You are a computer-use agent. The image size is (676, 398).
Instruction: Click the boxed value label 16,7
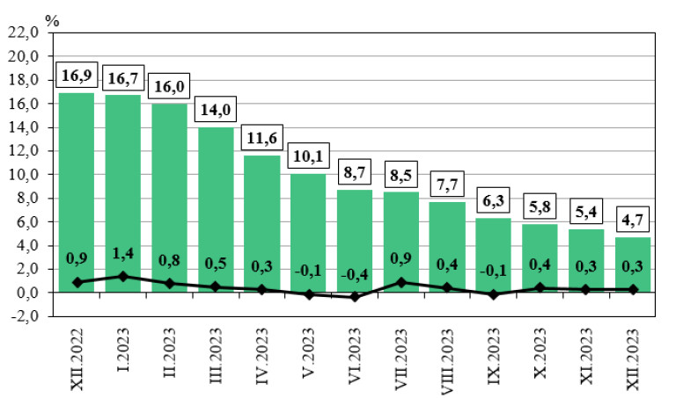123,79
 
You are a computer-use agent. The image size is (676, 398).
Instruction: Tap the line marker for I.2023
123,276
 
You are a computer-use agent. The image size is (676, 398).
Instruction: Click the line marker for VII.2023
400,282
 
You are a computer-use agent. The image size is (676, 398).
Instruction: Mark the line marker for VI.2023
354,297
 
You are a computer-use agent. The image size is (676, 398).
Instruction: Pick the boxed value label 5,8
540,209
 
